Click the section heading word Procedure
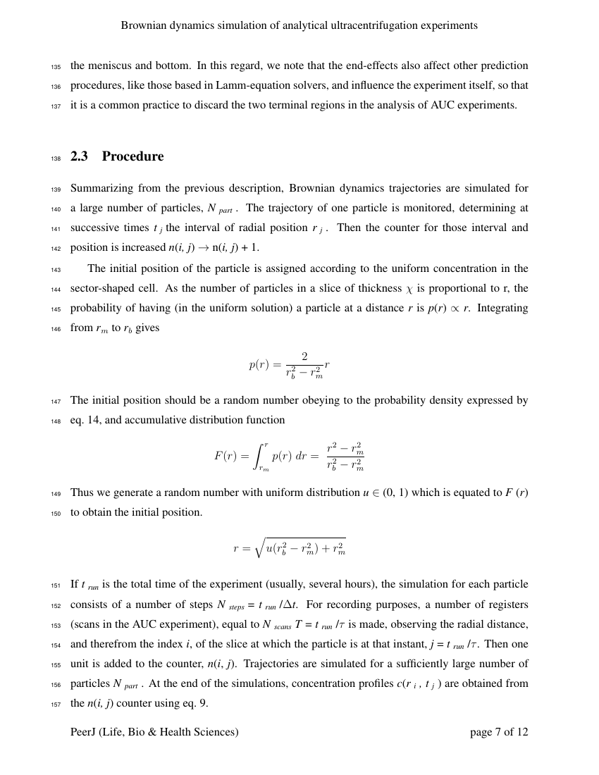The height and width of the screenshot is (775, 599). tap(132, 156)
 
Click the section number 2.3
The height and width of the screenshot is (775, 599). tap(79, 156)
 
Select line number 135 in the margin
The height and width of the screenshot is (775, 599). tap(56, 67)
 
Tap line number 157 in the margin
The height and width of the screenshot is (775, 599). tap(56, 704)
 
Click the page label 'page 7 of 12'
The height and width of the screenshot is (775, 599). tap(498, 732)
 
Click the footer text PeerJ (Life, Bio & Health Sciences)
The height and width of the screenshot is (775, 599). tap(154, 732)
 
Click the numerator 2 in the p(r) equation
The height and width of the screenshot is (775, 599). tap(304, 356)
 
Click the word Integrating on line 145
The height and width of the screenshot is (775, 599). tap(502, 309)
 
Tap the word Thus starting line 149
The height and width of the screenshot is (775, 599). tap(82, 493)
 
